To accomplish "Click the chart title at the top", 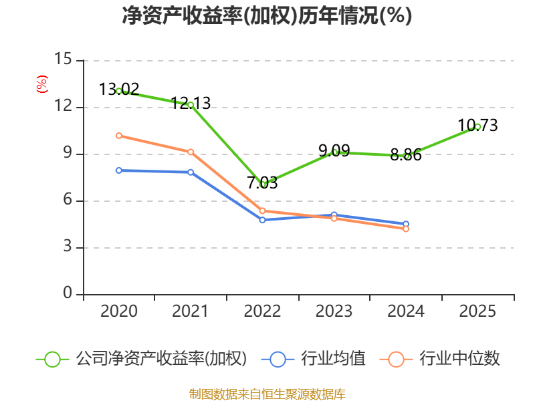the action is pyautogui.click(x=267, y=15).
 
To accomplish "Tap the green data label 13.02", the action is pyautogui.click(x=119, y=90).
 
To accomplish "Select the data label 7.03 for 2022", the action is pyautogui.click(x=262, y=182).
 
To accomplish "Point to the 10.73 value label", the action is pyautogui.click(x=477, y=125).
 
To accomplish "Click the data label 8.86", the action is pyautogui.click(x=406, y=155).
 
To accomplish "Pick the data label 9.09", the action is pyautogui.click(x=334, y=150).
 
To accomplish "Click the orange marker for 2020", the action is pyautogui.click(x=119, y=136).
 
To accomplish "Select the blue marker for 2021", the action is pyautogui.click(x=191, y=172).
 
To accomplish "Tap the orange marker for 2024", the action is pyautogui.click(x=406, y=229).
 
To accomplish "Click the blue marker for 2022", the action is pyautogui.click(x=262, y=220).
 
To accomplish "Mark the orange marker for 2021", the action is pyautogui.click(x=191, y=152).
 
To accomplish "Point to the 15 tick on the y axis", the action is pyautogui.click(x=63, y=59).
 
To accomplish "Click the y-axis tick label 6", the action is pyautogui.click(x=68, y=200).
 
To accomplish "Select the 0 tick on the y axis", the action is pyautogui.click(x=68, y=293).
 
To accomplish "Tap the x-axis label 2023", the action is pyautogui.click(x=334, y=311).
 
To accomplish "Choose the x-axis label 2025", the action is pyautogui.click(x=477, y=311).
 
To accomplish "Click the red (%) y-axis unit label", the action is pyautogui.click(x=42, y=84).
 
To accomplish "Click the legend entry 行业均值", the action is pyautogui.click(x=333, y=359).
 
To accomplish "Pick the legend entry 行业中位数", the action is pyautogui.click(x=459, y=359).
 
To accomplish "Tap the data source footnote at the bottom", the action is pyautogui.click(x=267, y=394).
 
